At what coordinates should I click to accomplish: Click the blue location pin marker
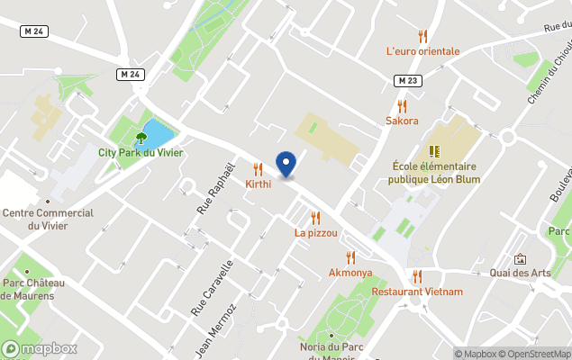286,164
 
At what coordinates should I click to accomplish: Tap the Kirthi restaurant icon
259,168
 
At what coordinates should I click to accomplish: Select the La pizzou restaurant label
315,232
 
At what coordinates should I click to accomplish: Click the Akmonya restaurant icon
350,257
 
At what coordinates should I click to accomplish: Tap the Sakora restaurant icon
402,106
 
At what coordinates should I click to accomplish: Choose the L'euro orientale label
422,51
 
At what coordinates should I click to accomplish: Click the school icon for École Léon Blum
434,151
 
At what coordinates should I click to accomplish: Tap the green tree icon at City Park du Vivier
141,138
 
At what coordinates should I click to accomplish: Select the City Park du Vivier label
141,152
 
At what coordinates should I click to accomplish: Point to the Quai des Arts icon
520,259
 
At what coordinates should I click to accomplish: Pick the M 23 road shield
407,81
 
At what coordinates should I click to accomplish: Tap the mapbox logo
40,348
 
